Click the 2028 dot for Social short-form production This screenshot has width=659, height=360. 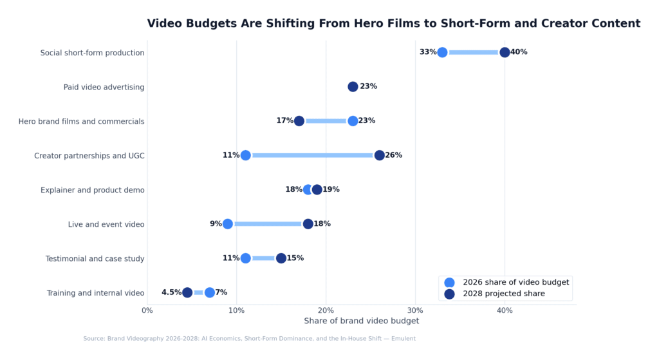click(505, 52)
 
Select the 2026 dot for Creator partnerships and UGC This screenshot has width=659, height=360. click(245, 155)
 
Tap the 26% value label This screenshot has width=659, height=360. click(393, 155)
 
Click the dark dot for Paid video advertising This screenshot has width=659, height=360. click(353, 86)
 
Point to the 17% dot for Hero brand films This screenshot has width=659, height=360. click(299, 121)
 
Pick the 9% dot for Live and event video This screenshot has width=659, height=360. click(228, 224)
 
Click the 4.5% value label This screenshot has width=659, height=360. click(171, 292)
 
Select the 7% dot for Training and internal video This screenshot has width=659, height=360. click(210, 292)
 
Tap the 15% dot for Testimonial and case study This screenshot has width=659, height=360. click(281, 258)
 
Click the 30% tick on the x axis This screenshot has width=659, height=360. click(415, 310)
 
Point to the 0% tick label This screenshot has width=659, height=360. click(147, 310)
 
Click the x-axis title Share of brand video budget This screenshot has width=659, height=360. click(361, 321)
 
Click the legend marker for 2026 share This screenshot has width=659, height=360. click(449, 282)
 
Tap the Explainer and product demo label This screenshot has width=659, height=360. click(92, 190)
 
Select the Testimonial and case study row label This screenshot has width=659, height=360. click(95, 258)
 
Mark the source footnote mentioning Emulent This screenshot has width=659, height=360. click(249, 339)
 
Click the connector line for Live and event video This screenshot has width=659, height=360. click(268, 224)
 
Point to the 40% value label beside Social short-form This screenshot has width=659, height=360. click(519, 52)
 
